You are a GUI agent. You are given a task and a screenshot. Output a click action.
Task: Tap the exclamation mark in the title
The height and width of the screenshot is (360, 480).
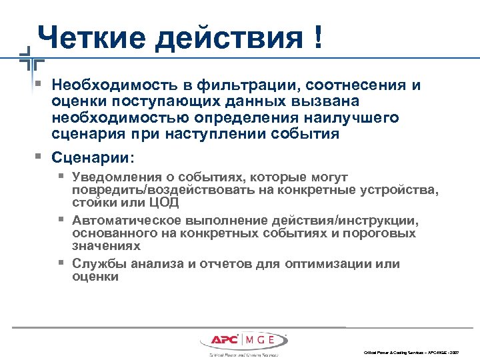[313, 38]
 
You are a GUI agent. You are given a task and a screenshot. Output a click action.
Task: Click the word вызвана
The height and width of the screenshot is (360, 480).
[329, 102]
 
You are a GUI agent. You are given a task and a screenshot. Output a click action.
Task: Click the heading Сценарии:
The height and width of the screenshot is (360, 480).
[93, 159]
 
